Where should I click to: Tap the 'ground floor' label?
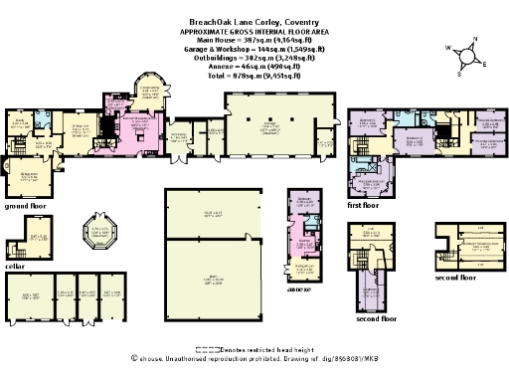coord(28,206)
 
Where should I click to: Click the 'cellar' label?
coord(16,266)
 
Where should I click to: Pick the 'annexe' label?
coord(301,289)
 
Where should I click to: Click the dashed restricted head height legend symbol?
coord(207,349)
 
